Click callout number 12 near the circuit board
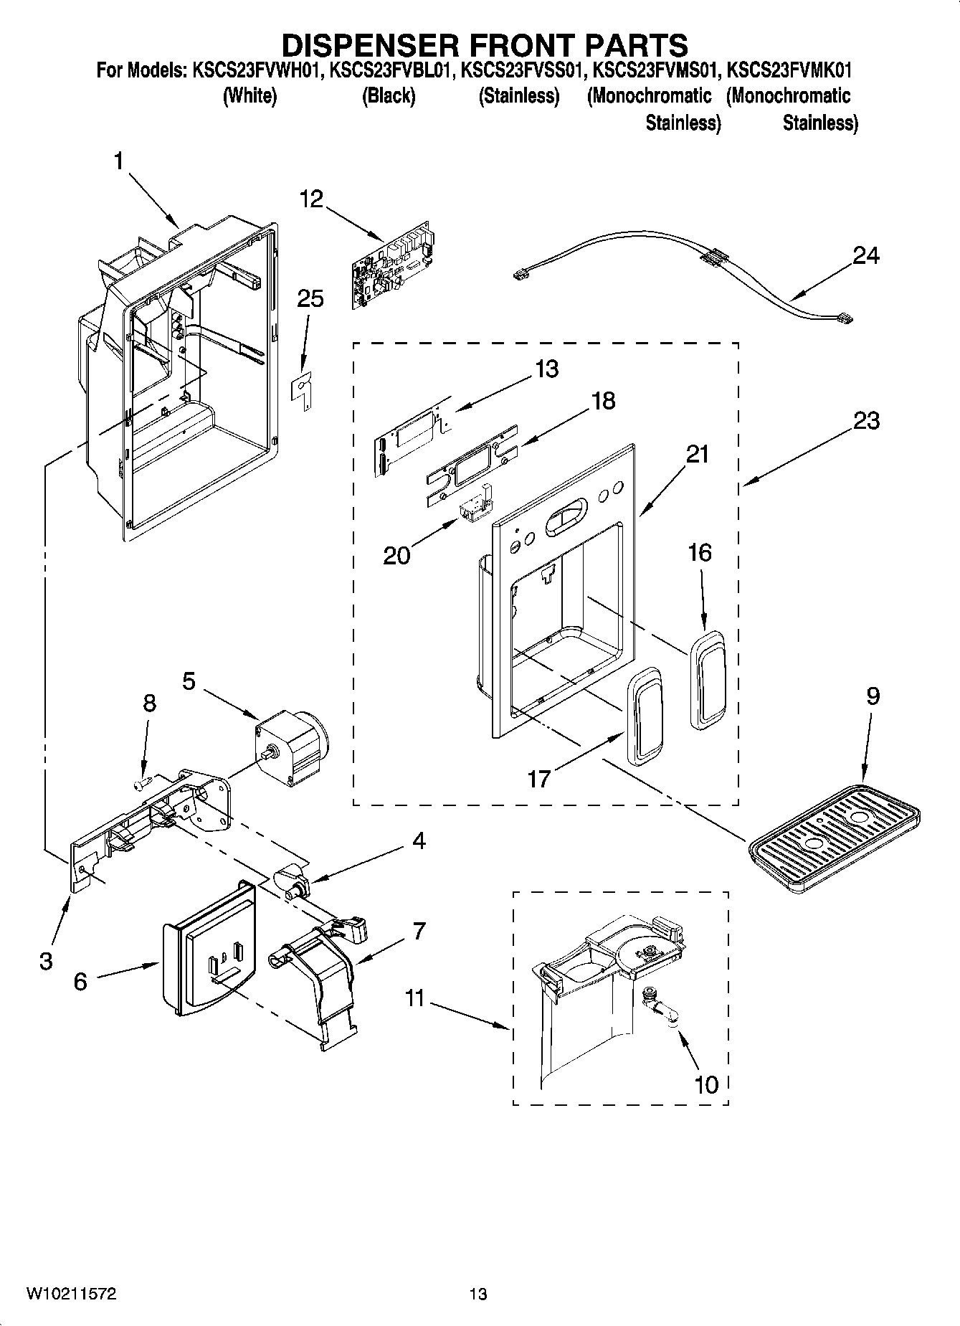[311, 199]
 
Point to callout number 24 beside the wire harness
[865, 255]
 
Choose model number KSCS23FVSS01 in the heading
[519, 71]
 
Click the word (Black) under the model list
[388, 96]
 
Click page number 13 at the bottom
[478, 1294]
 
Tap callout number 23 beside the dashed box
[866, 420]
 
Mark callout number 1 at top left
[118, 161]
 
